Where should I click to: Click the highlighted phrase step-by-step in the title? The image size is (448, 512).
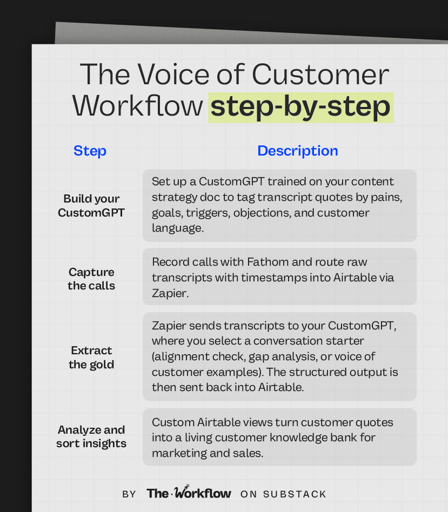[300, 106]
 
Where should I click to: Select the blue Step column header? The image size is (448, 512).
[90, 151]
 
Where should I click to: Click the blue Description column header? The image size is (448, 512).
[297, 151]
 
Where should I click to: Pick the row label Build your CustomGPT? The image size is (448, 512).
[91, 206]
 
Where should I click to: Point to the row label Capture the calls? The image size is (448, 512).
[91, 279]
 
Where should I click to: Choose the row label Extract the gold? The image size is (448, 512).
[91, 358]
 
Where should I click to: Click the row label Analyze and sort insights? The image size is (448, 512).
[91, 436]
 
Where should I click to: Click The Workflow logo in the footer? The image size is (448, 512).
[189, 493]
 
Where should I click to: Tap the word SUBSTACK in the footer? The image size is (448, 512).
[295, 494]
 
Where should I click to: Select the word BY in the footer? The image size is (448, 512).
[129, 494]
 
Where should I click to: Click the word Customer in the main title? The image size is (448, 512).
[323, 75]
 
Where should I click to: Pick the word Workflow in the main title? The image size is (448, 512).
[138, 106]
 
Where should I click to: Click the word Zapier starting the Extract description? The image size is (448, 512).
[169, 326]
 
